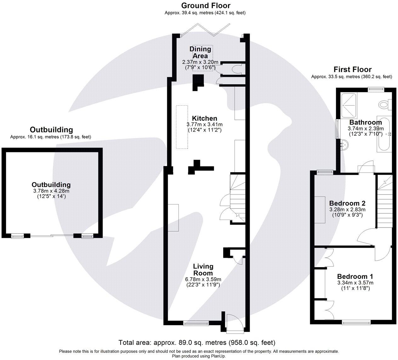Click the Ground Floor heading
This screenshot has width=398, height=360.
(x=206, y=6)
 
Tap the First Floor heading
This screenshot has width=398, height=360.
(x=352, y=70)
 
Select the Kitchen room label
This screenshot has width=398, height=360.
(x=204, y=118)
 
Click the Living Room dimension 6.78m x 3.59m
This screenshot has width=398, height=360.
(x=203, y=279)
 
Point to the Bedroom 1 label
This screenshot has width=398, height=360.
(x=355, y=277)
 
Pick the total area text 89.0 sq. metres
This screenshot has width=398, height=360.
(x=197, y=342)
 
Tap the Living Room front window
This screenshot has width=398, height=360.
(x=196, y=323)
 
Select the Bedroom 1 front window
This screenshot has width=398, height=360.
(x=356, y=322)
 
